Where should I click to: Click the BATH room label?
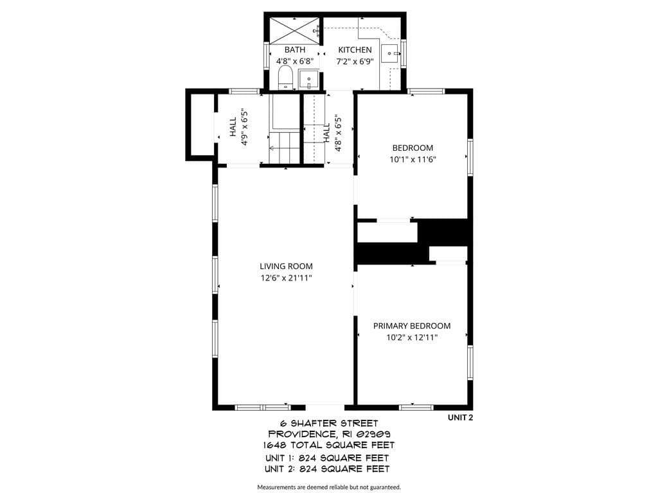click(x=294, y=49)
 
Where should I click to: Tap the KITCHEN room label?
click(x=355, y=49)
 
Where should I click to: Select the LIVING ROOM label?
click(x=286, y=266)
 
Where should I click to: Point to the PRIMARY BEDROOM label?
click(x=412, y=325)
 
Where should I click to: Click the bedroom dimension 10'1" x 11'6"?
click(x=413, y=159)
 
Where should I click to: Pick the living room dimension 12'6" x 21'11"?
click(x=286, y=277)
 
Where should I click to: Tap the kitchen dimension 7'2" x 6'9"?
click(x=355, y=61)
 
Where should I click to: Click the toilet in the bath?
click(x=285, y=77)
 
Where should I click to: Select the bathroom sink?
click(x=308, y=80)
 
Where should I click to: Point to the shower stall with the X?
click(x=294, y=31)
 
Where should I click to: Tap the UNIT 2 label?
click(x=460, y=417)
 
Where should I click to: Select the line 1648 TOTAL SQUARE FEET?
click(x=329, y=445)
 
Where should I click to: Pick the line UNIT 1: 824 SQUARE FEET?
click(x=327, y=458)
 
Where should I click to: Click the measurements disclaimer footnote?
click(x=329, y=487)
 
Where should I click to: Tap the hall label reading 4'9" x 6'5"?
click(x=245, y=127)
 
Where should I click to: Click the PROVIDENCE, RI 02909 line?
click(x=329, y=434)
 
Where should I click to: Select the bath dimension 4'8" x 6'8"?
click(x=294, y=61)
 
